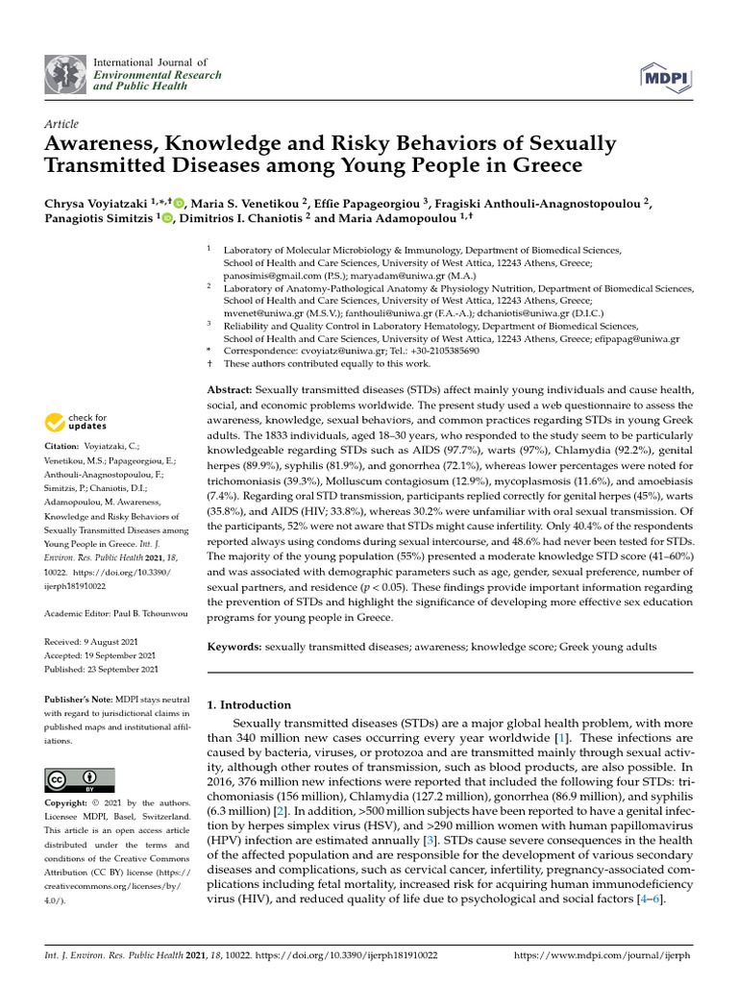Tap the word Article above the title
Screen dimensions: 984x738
pyautogui.click(x=61, y=125)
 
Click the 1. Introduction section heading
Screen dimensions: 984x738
pyautogui.click(x=249, y=704)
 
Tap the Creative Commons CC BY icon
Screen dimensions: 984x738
pyautogui.click(x=79, y=779)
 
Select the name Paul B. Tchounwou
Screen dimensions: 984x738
pyautogui.click(x=148, y=613)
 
